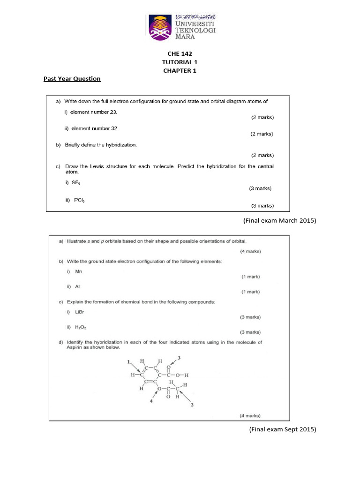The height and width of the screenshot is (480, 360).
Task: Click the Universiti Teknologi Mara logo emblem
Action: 160,27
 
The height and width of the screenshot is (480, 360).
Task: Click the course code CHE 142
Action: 180,54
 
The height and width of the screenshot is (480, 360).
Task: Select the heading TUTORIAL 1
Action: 180,62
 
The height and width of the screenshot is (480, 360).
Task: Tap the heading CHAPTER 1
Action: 180,71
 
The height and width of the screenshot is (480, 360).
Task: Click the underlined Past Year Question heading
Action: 72,79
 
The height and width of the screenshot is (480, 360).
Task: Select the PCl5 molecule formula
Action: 78,200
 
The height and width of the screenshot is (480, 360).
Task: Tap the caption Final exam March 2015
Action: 279,220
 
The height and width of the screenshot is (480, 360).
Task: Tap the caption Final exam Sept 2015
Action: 282,429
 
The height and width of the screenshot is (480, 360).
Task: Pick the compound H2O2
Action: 81,327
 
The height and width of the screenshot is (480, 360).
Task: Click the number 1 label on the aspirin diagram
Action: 128,362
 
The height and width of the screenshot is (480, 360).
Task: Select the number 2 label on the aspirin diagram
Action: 192,405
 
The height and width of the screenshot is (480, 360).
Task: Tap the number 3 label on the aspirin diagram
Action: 179,358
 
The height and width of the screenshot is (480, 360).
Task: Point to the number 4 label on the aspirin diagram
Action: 151,400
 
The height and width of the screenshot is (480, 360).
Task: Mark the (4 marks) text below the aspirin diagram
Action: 250,416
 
